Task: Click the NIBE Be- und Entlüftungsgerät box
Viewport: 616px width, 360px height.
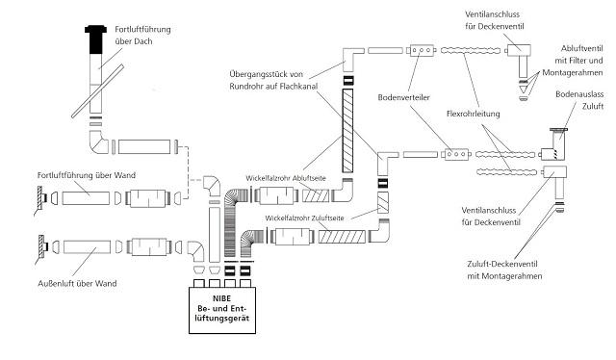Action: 222,311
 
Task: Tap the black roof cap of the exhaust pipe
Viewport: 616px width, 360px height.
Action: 96,39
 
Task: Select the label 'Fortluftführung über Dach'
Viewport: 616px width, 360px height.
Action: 142,36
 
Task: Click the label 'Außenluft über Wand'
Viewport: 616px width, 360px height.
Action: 77,283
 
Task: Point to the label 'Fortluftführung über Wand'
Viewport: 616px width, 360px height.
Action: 87,175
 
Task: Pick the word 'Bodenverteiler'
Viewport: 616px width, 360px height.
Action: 404,97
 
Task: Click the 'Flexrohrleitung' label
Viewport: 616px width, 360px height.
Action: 474,114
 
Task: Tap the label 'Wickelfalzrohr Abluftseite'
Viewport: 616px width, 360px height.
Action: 286,178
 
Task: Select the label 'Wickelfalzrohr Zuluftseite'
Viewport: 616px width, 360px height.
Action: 304,219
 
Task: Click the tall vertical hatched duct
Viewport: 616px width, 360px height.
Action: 347,131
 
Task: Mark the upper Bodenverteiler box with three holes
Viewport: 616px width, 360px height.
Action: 422,50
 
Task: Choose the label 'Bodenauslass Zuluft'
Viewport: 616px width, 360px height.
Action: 579,100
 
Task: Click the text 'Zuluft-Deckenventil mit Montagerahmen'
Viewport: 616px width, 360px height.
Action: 504,270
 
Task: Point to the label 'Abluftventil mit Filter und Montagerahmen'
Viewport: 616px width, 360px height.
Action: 573,61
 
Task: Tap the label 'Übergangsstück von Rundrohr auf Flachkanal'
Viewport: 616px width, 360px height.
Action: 273,80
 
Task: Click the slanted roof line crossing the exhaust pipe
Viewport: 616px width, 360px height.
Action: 98,91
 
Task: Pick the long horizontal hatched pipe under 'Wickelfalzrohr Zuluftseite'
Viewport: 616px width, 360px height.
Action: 342,237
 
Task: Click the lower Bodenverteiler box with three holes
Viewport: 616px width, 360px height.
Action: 456,154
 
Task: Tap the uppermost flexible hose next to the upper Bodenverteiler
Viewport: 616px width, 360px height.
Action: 471,51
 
